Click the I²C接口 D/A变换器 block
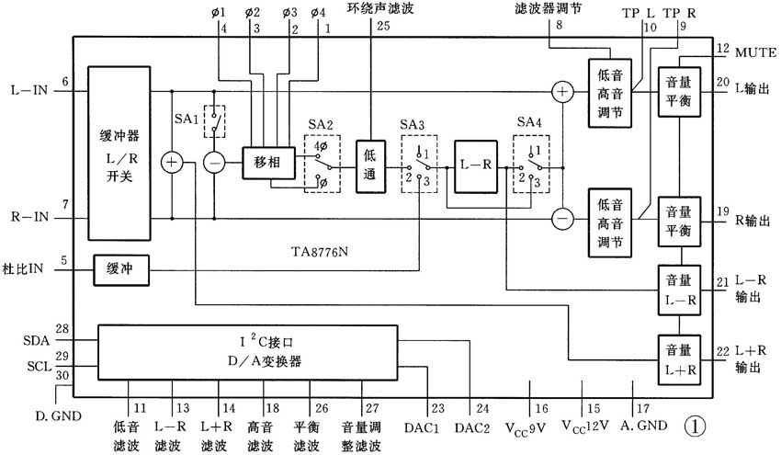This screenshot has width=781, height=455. pyautogui.click(x=248, y=350)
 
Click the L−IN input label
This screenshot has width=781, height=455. pyautogui.click(x=28, y=91)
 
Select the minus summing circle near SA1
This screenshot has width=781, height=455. pyautogui.click(x=214, y=163)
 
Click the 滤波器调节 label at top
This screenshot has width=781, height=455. pyautogui.click(x=548, y=8)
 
